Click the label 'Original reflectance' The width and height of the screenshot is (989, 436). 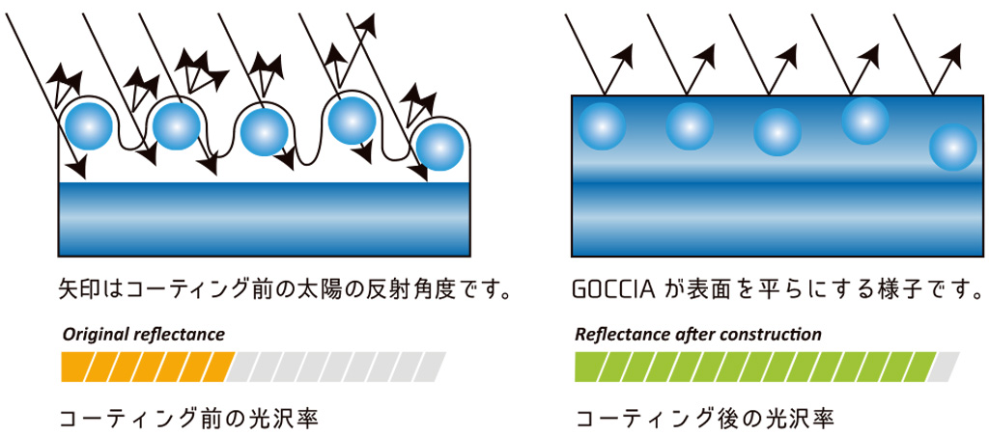143,335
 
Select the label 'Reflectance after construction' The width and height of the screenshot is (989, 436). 697,335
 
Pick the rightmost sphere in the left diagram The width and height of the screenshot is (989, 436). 440,145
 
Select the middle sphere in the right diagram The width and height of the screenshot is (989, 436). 777,133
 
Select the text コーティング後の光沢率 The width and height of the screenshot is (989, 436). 704,419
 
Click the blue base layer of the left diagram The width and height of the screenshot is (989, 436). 266,217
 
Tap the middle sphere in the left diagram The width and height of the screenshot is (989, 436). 263,131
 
